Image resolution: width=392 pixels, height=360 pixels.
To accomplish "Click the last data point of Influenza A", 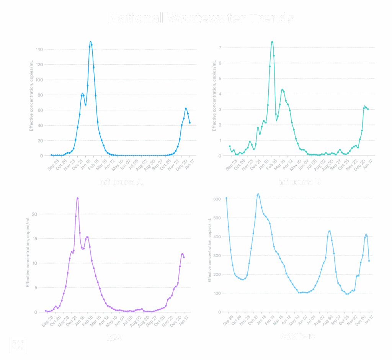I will click(190, 123).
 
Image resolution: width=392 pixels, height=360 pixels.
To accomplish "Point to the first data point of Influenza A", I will click(51, 155).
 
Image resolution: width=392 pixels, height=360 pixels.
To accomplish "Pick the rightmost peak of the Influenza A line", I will click(186, 108).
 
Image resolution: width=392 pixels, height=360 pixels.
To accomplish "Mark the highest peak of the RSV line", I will click(77, 198).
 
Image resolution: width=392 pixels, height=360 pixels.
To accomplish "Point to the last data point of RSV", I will click(185, 257).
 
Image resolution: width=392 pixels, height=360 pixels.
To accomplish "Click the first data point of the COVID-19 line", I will click(226, 198).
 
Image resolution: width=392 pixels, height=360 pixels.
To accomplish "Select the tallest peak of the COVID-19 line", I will click(258, 194).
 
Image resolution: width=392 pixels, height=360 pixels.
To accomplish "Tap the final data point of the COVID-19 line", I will click(369, 262).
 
